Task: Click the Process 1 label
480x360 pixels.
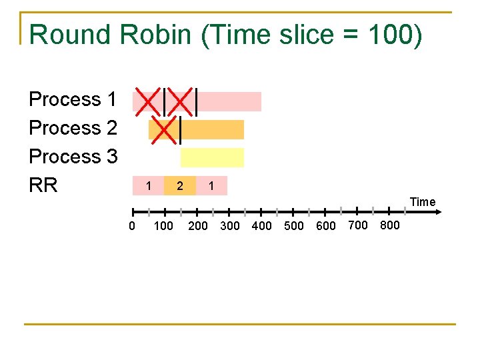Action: tap(73, 99)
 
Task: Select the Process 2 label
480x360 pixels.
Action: tap(73, 127)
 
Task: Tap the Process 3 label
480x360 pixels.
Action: tap(73, 157)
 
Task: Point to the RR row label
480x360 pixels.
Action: tap(43, 185)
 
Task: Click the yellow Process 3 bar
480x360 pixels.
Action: tap(212, 157)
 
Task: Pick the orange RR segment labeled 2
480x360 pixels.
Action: tap(180, 186)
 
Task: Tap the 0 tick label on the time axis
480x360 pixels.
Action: tap(131, 226)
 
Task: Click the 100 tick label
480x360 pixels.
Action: tap(163, 226)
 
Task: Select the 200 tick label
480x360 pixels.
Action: tap(198, 226)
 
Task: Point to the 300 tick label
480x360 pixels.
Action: tap(230, 226)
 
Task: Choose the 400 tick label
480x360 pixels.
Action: tap(262, 226)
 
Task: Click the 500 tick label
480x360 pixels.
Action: tap(294, 226)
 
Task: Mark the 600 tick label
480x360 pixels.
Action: tap(326, 226)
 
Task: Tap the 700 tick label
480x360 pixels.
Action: tap(358, 225)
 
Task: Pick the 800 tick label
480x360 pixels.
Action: tap(390, 225)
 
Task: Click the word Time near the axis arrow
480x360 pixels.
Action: tap(423, 202)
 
